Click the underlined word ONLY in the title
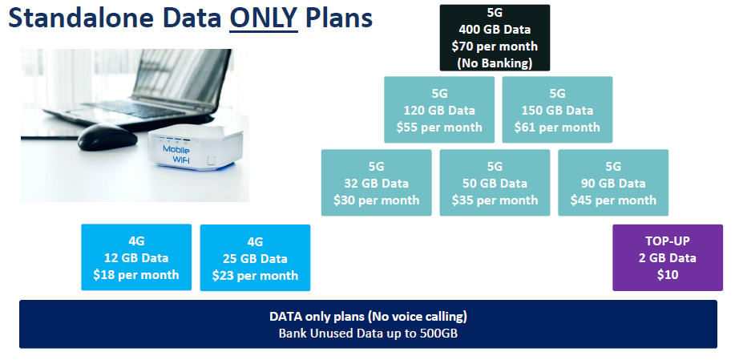tap(264, 18)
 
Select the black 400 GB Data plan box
tap(495, 38)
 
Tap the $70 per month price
tap(495, 47)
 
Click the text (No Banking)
tap(495, 63)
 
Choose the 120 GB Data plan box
tap(439, 110)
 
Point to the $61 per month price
tap(557, 127)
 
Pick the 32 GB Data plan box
tap(377, 183)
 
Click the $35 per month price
tap(495, 200)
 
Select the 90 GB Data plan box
tap(613, 183)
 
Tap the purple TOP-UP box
tap(668, 258)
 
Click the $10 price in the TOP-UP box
tap(668, 275)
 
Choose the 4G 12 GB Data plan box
tap(136, 257)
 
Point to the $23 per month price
tap(255, 275)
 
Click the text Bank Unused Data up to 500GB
tap(368, 334)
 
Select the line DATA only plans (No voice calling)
tap(368, 317)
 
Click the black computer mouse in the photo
tap(107, 137)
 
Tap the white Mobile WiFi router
tap(196, 149)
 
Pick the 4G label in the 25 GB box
tap(255, 242)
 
